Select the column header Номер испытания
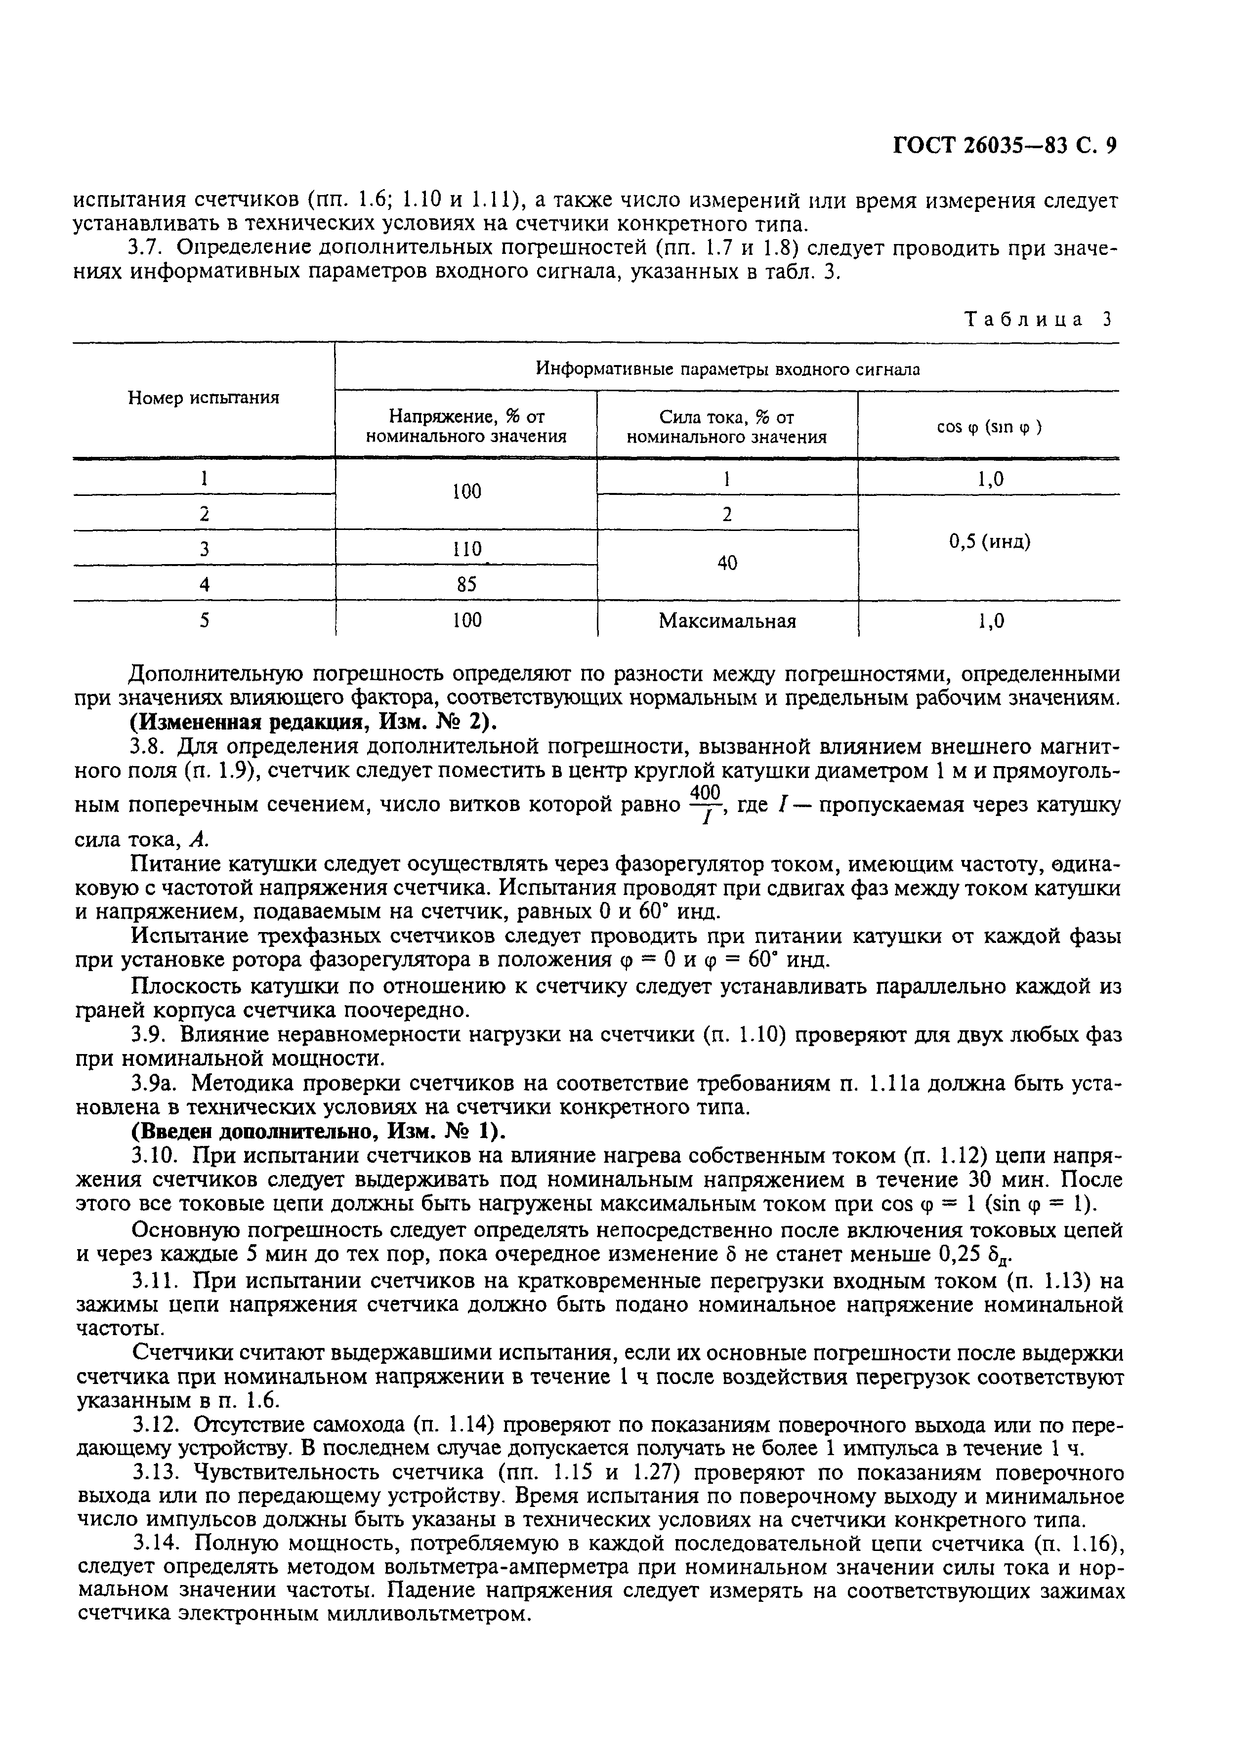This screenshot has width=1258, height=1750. (204, 398)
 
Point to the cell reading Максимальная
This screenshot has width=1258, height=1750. (727, 621)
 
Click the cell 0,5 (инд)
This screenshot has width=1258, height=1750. (989, 542)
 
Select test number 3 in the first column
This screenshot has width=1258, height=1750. (204, 549)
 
